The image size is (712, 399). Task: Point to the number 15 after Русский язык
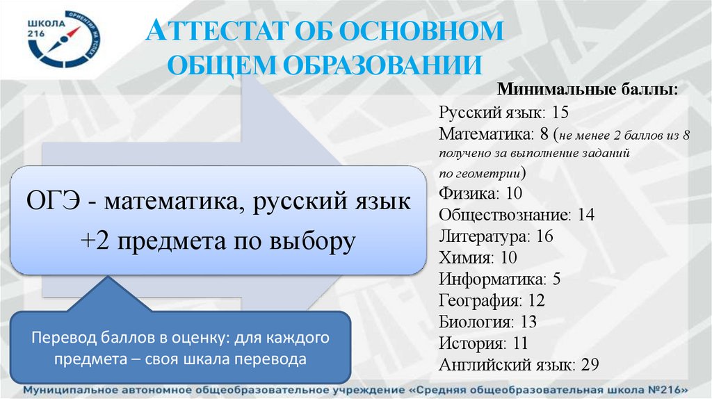(561, 111)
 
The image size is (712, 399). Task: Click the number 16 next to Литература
(544, 236)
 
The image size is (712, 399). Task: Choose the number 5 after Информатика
(556, 279)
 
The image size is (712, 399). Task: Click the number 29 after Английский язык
(590, 366)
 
